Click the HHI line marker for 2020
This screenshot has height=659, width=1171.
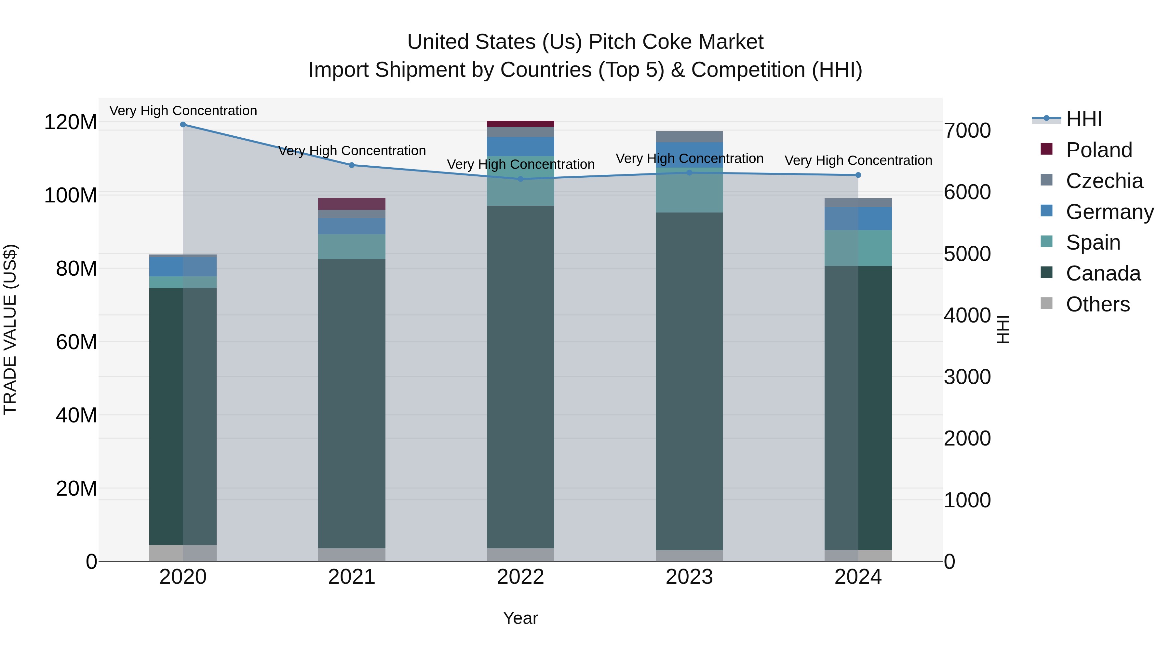[x=183, y=124]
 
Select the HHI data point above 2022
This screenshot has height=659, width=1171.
[x=520, y=179]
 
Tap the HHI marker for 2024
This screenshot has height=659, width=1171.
[x=858, y=175]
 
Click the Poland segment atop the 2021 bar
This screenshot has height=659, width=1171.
[x=351, y=204]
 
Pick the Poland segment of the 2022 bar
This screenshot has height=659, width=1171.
[x=520, y=124]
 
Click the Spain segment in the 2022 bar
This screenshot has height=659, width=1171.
[x=520, y=181]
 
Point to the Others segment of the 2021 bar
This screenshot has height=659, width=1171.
[x=351, y=555]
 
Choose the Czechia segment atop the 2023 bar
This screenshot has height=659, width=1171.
[x=689, y=136]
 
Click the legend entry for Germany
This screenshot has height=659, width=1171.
[x=1109, y=212]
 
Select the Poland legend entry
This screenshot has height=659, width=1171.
[x=1099, y=150]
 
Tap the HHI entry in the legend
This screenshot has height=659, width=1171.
[x=1084, y=119]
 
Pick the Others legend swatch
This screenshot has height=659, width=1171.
[x=1046, y=303]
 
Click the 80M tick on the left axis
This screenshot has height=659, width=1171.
[x=76, y=269]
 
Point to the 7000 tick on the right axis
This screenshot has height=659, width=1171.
[x=967, y=130]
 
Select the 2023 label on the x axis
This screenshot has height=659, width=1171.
[x=689, y=577]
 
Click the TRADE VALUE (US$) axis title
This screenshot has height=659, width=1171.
[x=10, y=329]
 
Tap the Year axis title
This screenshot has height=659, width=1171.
[x=520, y=618]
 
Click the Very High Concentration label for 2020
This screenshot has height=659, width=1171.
[x=183, y=111]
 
